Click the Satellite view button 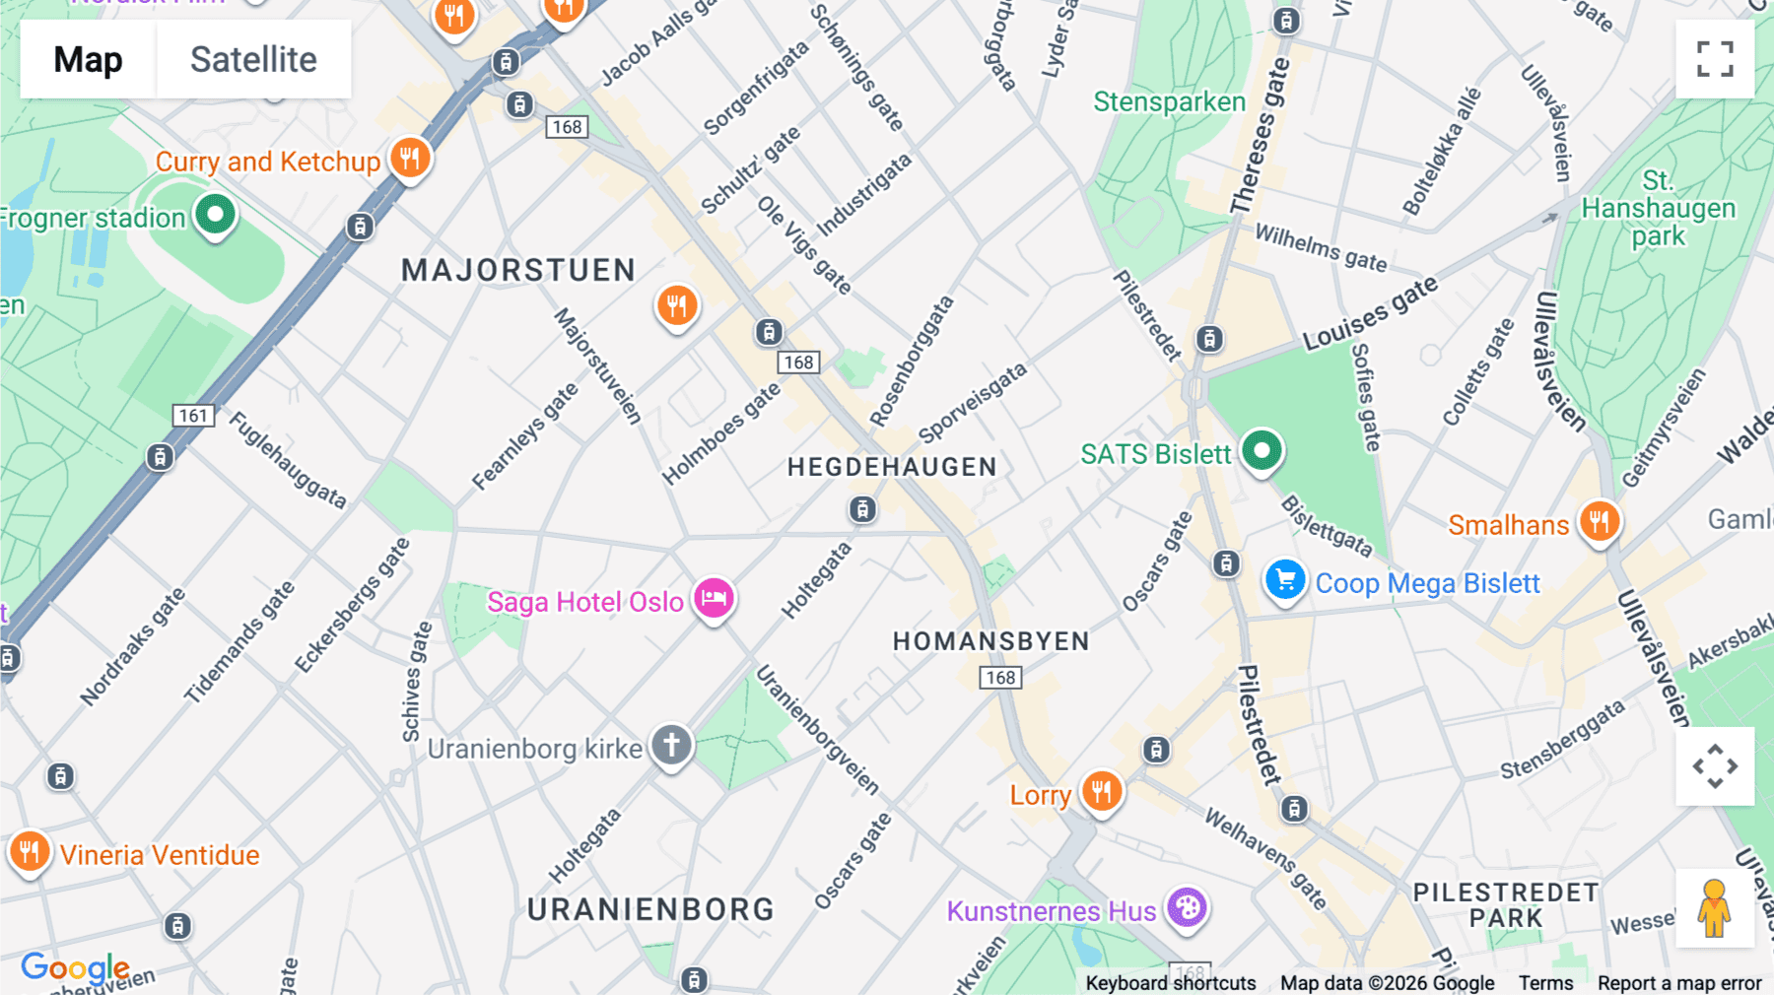(x=253, y=59)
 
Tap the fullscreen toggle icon (x=1715, y=59)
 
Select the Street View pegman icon (x=1715, y=908)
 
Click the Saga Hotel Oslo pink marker (x=714, y=598)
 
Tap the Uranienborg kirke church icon (x=671, y=745)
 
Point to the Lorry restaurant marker (x=1101, y=791)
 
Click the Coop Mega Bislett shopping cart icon (x=1285, y=580)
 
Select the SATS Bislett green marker (x=1261, y=451)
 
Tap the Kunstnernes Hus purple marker (x=1187, y=907)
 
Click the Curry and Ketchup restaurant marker (x=409, y=158)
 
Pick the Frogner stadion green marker (x=215, y=214)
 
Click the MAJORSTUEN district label (x=518, y=270)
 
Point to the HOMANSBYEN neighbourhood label (x=990, y=641)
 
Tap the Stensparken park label (x=1169, y=101)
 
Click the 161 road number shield (x=193, y=416)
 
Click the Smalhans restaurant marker (x=1599, y=521)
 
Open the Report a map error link (x=1678, y=983)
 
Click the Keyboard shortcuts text (x=1170, y=983)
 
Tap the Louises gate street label (x=1370, y=314)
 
